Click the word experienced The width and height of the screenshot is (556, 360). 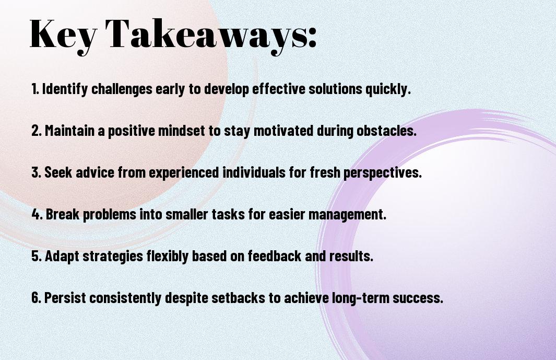coord(184,173)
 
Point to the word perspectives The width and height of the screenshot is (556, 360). coord(383,173)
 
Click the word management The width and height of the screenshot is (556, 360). coord(347,215)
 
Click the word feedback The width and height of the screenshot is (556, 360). coord(275,256)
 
